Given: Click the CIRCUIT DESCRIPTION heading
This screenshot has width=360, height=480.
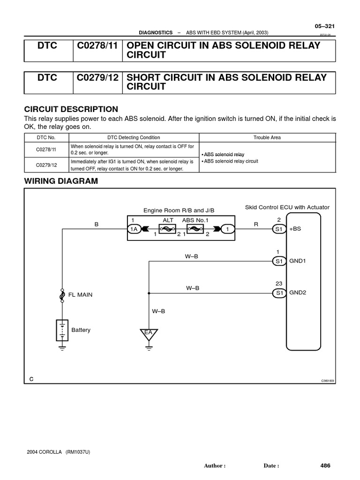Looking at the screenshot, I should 71,109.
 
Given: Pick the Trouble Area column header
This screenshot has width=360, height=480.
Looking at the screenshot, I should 267,137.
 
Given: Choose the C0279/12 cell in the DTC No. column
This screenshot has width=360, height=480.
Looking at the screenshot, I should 46,165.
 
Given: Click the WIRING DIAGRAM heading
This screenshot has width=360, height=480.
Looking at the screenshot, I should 61,181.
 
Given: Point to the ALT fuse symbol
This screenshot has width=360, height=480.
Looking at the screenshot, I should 168,229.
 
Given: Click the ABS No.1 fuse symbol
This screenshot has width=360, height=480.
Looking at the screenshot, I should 195,229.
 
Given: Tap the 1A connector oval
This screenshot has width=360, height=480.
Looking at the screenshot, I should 134,229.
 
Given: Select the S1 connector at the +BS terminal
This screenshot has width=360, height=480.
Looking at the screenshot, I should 279,229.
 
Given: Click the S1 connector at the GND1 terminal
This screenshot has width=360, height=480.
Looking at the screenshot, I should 279,261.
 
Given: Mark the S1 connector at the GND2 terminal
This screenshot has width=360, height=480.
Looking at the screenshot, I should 279,293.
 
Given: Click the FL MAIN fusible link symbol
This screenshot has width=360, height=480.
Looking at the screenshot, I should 62,295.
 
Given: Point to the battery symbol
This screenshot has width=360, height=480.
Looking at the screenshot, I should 62,330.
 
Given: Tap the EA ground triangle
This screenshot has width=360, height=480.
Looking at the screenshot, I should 148,334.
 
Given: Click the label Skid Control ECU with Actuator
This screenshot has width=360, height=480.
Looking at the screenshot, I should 287,207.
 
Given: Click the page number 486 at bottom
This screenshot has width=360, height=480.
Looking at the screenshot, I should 325,465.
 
